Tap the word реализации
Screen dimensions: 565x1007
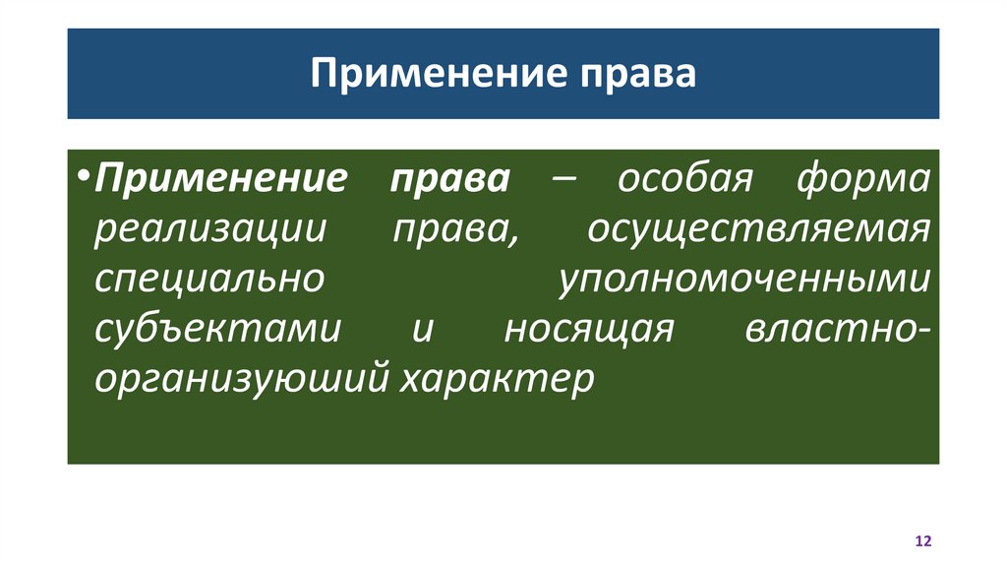[x=210, y=231]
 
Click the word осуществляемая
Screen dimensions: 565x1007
[x=758, y=231]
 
